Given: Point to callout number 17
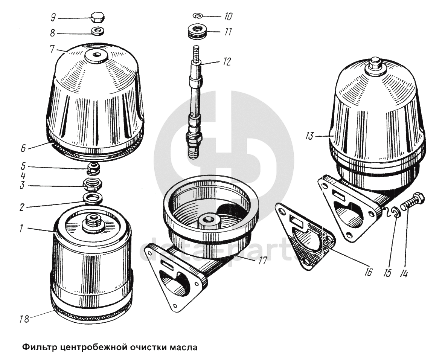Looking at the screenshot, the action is tap(262, 260).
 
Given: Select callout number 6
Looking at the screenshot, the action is tap(23, 148).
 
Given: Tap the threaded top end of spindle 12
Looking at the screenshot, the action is tap(196, 53).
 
